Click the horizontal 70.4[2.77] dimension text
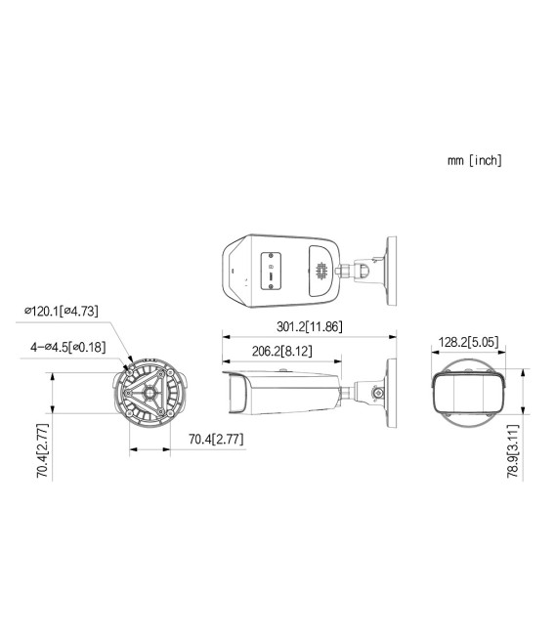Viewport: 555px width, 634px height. click(x=215, y=441)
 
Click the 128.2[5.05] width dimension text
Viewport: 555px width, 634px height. click(x=469, y=342)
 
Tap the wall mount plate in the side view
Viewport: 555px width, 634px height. click(x=392, y=390)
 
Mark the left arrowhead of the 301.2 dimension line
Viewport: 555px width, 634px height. click(x=225, y=336)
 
